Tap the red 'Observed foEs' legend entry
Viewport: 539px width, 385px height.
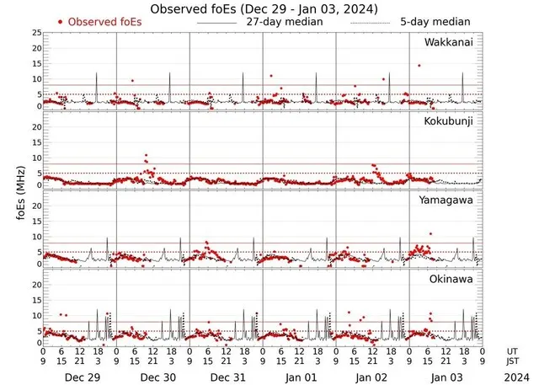103,22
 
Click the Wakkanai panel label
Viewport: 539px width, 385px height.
447,42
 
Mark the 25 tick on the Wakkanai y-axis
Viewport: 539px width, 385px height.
35,33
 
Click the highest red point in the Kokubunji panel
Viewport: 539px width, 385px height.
146,156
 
